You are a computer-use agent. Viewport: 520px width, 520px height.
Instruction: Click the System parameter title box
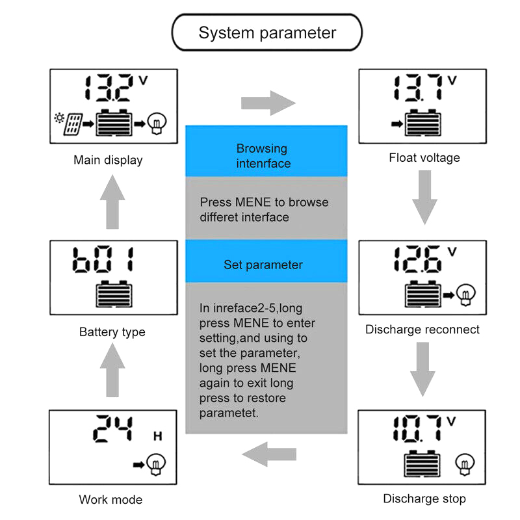pyautogui.click(x=266, y=32)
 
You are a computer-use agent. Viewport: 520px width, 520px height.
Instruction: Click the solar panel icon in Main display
pyautogui.click(x=73, y=123)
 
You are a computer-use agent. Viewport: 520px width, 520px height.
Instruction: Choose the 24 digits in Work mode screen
pyautogui.click(x=113, y=428)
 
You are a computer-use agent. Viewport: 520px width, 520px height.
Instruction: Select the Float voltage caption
pyautogui.click(x=424, y=157)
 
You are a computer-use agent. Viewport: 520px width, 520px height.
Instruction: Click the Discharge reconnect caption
pyautogui.click(x=422, y=330)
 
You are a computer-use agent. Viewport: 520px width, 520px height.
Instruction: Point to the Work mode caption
pyautogui.click(x=110, y=500)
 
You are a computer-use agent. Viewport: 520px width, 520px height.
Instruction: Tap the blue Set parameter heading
pyautogui.click(x=263, y=265)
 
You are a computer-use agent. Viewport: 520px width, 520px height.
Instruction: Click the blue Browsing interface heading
pyautogui.click(x=263, y=156)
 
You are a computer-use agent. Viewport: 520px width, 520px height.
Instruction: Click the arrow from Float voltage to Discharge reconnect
pyautogui.click(x=424, y=197)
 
